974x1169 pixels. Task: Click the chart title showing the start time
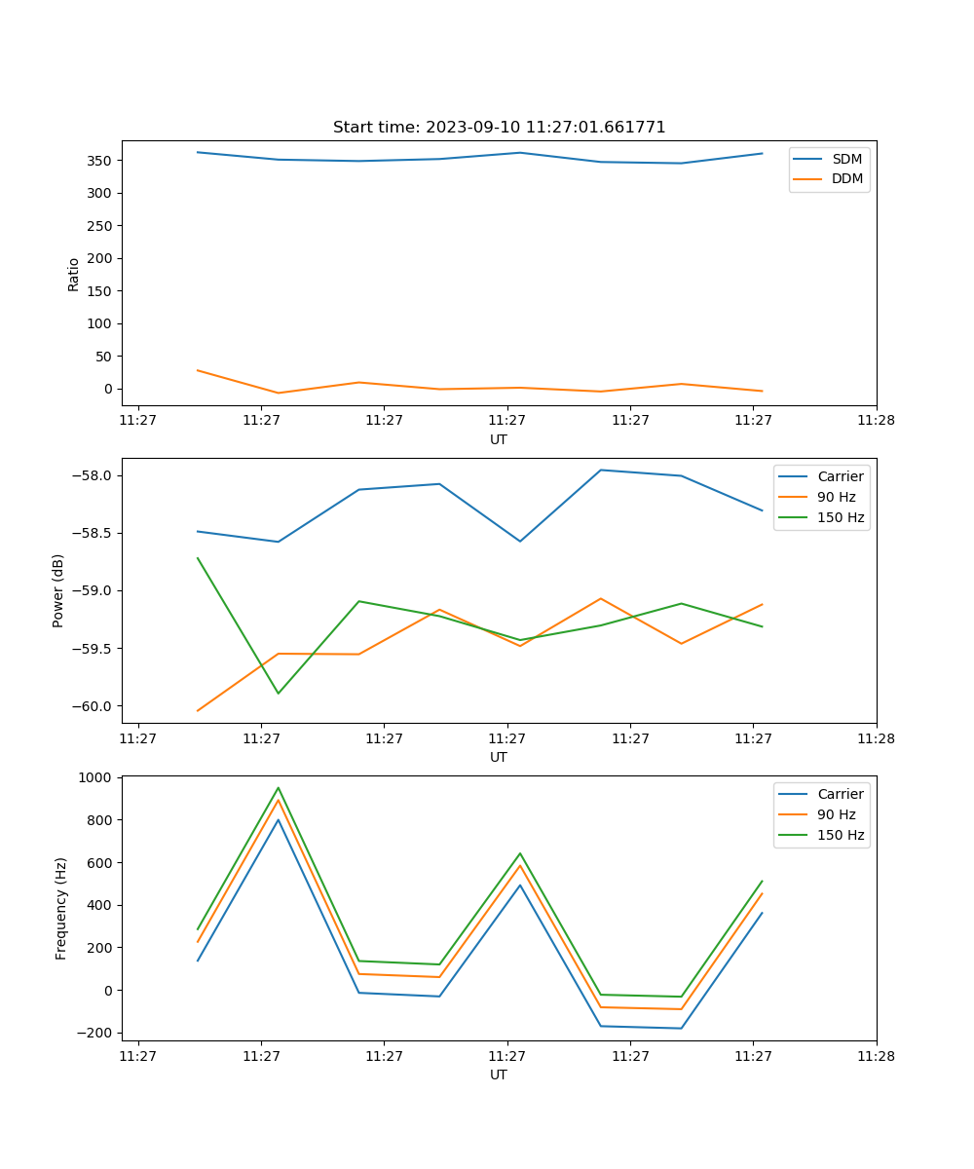coord(499,128)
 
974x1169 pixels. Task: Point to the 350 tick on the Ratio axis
coord(101,160)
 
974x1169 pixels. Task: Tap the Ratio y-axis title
coord(74,275)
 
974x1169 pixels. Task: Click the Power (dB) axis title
coord(58,590)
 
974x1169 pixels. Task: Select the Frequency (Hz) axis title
coord(61,908)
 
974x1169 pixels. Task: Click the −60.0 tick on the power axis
coord(94,706)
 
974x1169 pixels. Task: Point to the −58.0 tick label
coord(94,475)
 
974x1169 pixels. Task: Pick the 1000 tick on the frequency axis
coord(96,777)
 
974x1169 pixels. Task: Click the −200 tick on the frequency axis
coord(95,1033)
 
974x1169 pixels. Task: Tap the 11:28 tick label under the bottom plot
coord(876,1056)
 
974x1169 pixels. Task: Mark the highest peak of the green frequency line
coord(279,787)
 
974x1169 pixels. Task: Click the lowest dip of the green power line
coord(279,694)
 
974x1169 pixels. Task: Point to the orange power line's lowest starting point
coord(198,711)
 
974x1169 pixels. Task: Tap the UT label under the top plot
coord(499,439)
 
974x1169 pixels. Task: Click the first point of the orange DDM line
coord(198,370)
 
